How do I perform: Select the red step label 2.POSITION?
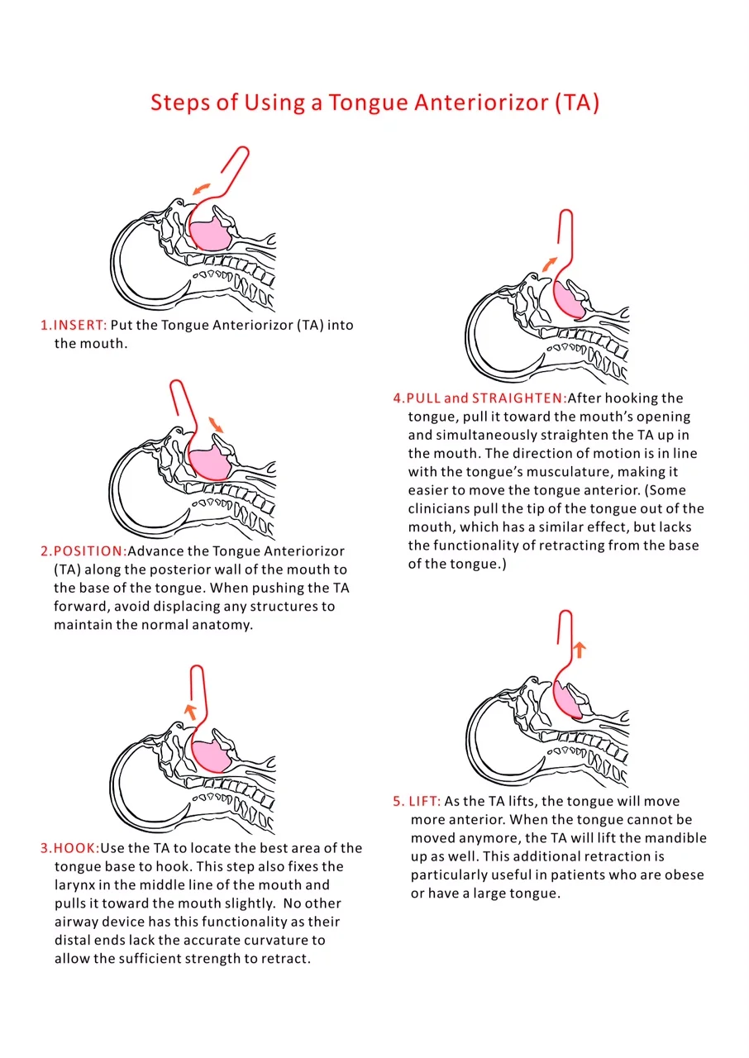tap(83, 551)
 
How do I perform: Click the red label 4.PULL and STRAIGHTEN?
tap(479, 398)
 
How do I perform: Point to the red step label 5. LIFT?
tap(417, 802)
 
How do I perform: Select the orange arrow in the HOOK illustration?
tap(190, 709)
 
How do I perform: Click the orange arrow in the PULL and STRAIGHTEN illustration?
tap(549, 264)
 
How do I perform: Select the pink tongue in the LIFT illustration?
tap(569, 702)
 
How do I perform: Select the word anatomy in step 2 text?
tap(225, 625)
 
